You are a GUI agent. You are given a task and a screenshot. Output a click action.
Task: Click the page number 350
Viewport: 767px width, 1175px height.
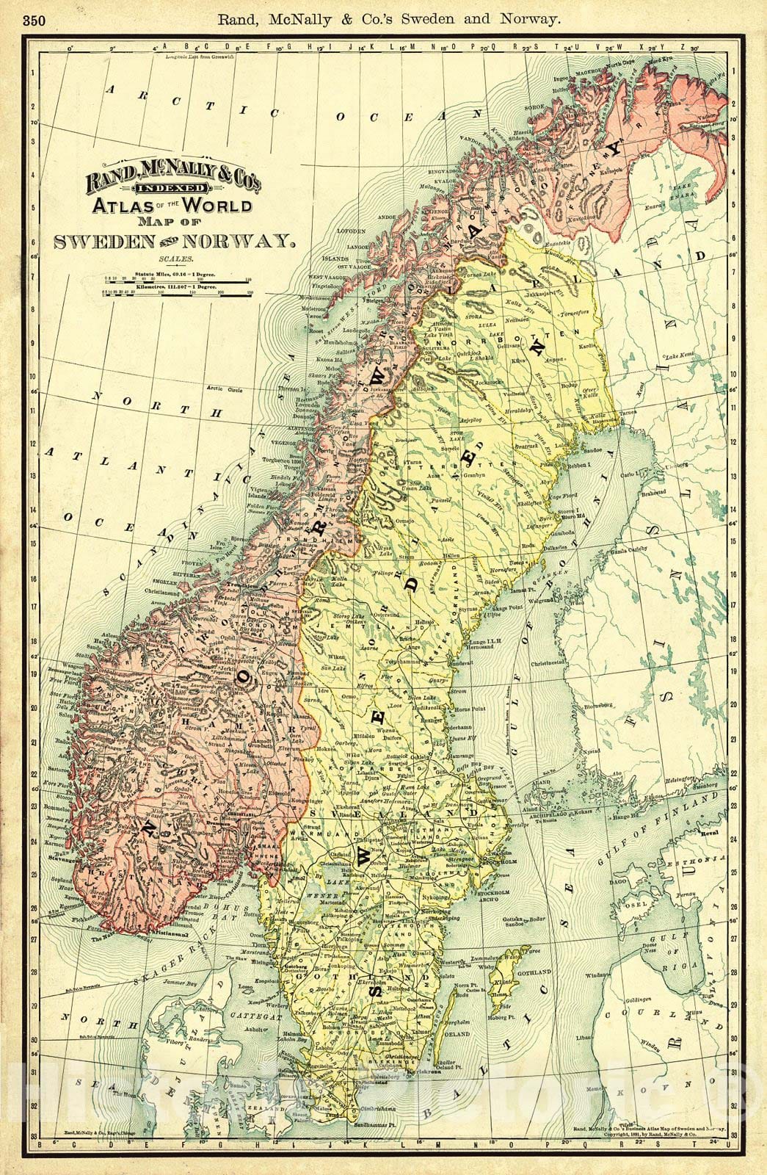click(34, 21)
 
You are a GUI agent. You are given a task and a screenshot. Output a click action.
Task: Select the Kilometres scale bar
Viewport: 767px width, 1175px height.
click(178, 293)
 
